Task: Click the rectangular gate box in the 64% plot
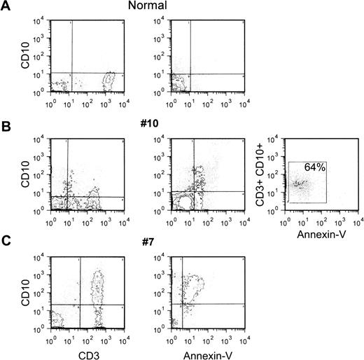point(307,182)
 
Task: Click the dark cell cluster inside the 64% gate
point(300,185)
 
